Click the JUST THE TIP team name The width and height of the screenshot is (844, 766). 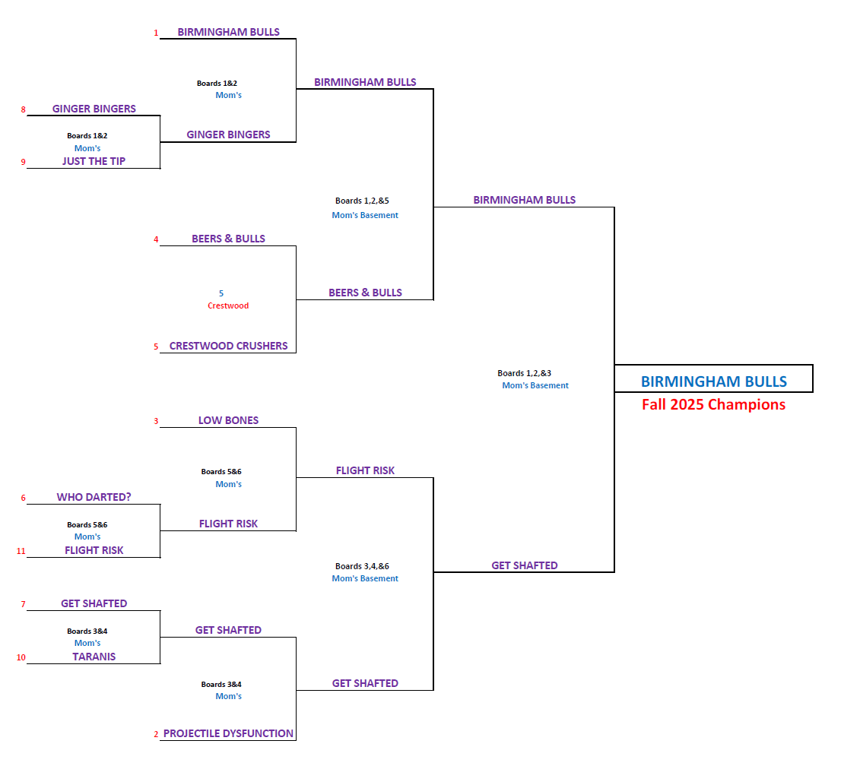94,161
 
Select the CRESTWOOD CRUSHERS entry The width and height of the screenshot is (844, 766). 228,346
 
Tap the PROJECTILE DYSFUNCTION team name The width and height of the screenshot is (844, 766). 228,733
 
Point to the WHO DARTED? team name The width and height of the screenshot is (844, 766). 94,497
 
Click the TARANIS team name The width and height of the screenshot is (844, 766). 94,657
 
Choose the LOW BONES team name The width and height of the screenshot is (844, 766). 228,420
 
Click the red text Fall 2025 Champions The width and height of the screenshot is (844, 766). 713,404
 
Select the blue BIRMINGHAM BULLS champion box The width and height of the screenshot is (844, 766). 713,381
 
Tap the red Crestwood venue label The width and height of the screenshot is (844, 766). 228,305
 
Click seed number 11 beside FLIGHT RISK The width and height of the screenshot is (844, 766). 21,551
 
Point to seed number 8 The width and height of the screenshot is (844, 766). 23,109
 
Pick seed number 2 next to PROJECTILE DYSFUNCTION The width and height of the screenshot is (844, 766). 156,734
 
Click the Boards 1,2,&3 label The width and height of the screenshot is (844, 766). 524,373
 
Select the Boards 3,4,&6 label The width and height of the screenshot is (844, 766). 362,566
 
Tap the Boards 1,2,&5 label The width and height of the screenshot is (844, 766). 362,201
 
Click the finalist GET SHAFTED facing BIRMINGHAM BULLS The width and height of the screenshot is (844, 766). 525,565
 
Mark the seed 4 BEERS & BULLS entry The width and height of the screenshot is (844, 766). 228,239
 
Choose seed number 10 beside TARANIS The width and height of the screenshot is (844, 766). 21,657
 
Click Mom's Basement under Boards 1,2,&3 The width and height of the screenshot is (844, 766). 535,385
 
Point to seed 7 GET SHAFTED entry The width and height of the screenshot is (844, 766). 94,603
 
